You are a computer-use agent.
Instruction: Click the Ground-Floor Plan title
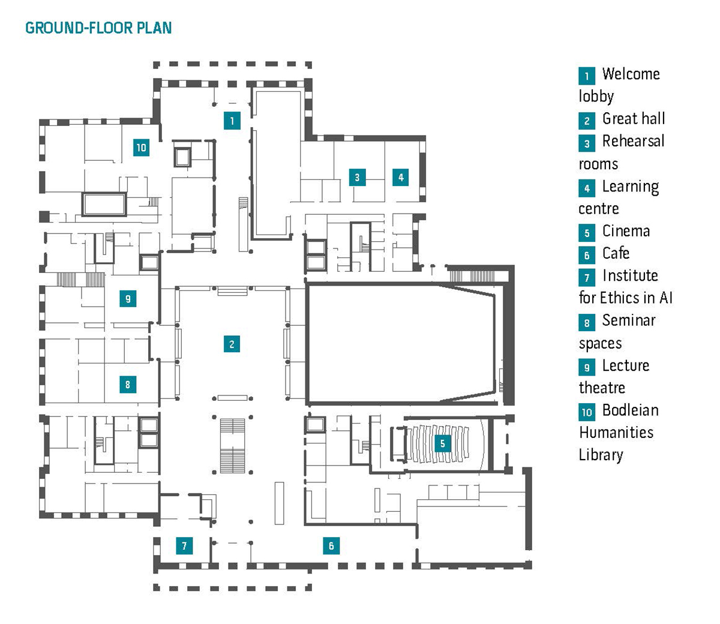click(98, 28)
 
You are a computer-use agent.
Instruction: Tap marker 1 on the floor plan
click(232, 120)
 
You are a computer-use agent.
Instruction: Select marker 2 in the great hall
click(232, 344)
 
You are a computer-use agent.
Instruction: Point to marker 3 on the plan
click(357, 177)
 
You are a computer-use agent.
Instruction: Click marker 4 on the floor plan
click(401, 176)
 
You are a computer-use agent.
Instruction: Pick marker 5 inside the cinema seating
click(442, 443)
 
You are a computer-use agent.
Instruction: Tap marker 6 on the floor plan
click(331, 545)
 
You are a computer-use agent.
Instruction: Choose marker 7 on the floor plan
click(184, 545)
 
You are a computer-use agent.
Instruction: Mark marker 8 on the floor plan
click(127, 384)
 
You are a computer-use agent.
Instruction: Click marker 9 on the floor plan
click(127, 298)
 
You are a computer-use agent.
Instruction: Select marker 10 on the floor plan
click(141, 147)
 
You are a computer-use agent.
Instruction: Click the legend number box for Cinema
click(587, 233)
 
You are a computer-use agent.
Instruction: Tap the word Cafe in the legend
click(616, 253)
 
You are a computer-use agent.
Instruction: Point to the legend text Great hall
click(634, 119)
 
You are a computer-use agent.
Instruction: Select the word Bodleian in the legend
click(630, 410)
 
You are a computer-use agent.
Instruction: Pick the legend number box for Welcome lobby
click(587, 76)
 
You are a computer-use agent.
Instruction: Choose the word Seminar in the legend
click(629, 320)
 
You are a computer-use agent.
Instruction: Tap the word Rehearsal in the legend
click(633, 142)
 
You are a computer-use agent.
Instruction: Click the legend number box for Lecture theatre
click(587, 367)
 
